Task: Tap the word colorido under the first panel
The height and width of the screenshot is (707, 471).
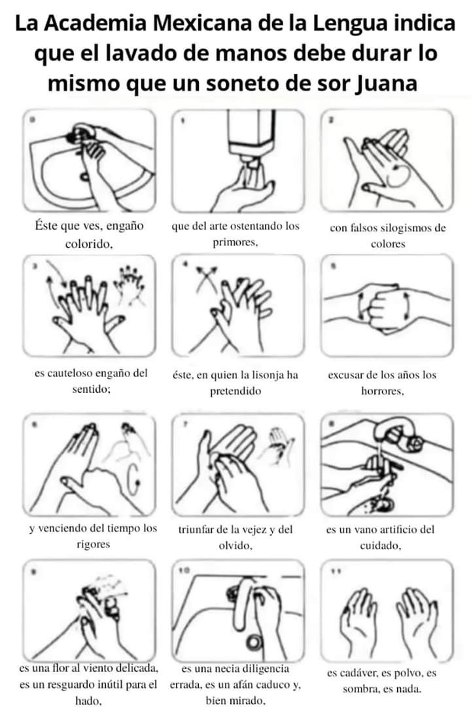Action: (x=88, y=244)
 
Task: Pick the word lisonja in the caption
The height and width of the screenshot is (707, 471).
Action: (x=266, y=374)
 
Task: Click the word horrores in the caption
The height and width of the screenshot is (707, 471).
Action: (x=382, y=391)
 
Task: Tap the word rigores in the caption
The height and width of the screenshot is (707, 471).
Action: (x=94, y=544)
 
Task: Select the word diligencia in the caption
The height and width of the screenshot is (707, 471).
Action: (x=266, y=668)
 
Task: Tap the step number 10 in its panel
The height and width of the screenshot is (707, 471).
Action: (x=183, y=570)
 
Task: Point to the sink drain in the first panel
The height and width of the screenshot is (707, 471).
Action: (x=84, y=176)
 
